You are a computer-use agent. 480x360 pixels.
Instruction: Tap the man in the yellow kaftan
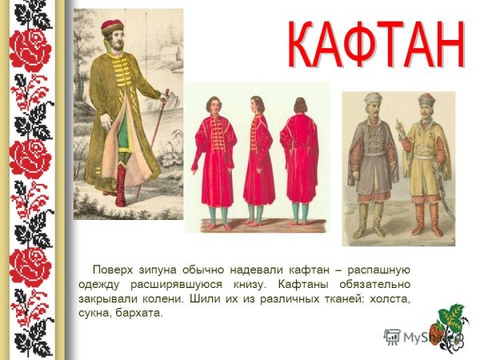(x=423, y=160)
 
